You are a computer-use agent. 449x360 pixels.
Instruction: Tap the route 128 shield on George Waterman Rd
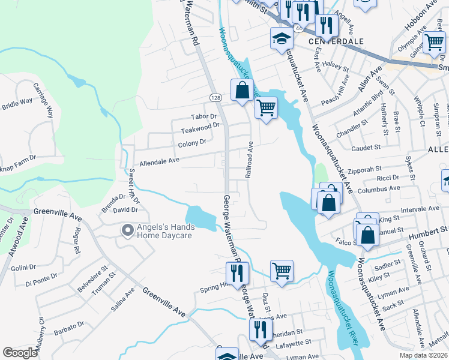pyautogui.click(x=214, y=97)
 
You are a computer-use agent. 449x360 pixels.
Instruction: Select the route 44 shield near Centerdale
pyautogui.click(x=298, y=28)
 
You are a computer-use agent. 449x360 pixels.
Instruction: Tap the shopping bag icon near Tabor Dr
pyautogui.click(x=242, y=91)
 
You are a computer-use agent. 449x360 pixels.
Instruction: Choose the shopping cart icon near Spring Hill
pyautogui.click(x=281, y=271)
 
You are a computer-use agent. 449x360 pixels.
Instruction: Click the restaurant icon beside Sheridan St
pyautogui.click(x=260, y=329)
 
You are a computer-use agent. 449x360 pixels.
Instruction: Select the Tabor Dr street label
pyautogui.click(x=203, y=116)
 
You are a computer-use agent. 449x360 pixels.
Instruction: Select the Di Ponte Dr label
pyautogui.click(x=42, y=277)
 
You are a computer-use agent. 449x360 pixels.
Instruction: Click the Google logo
pyautogui.click(x=20, y=353)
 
